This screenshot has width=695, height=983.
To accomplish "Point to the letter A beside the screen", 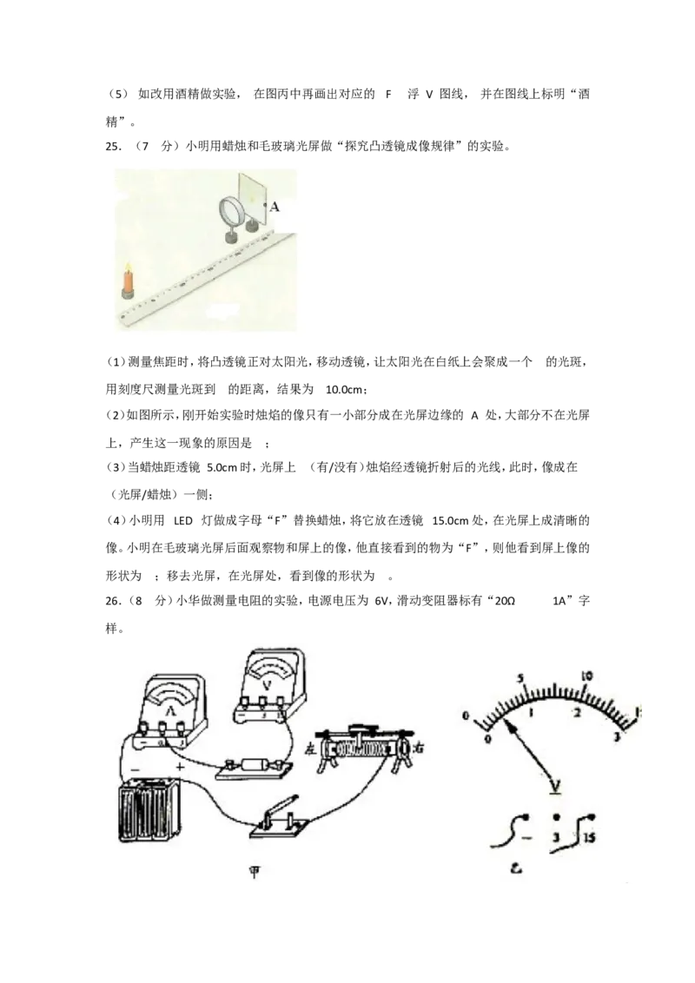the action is (x=275, y=206).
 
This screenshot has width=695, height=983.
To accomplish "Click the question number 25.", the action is (x=113, y=148).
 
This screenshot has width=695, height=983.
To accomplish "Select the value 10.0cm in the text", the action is (x=344, y=389).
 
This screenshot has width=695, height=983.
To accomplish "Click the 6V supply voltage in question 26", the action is (x=381, y=601).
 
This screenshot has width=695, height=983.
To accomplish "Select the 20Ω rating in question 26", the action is (x=505, y=601).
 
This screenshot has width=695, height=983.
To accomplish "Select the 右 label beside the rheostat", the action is (x=419, y=748).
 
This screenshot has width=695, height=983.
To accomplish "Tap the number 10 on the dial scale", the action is (x=588, y=676).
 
